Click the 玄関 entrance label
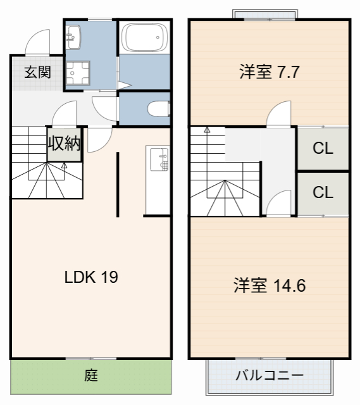point(37,72)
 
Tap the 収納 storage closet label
point(64,144)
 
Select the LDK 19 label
point(91,277)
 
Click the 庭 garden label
point(91,375)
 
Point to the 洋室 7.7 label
point(269,71)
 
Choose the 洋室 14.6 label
point(270,286)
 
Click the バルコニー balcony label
point(270,375)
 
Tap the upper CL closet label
point(323,149)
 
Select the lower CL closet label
point(323,192)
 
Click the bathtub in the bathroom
point(145,38)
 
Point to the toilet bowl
point(158,109)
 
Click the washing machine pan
point(78,72)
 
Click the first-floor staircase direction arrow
point(64,166)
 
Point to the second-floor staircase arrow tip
point(206,130)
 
